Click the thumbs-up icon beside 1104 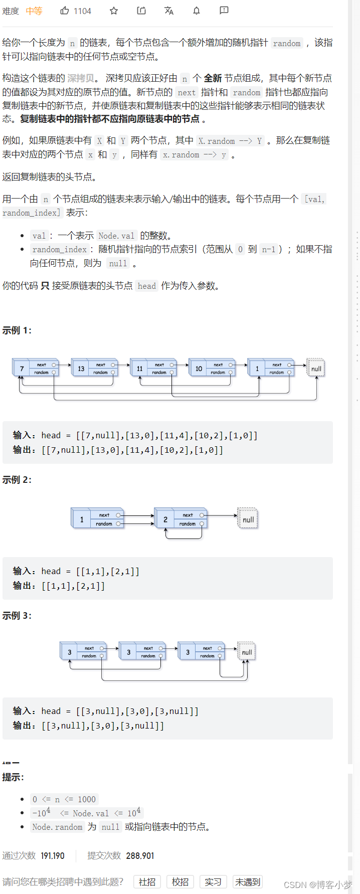pos(65,11)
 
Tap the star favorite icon pos(114,11)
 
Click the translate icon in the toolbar pos(169,11)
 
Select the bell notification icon pos(197,11)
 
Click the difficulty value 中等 pos(34,11)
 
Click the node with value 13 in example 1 pos(81,369)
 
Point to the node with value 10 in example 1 pos(199,369)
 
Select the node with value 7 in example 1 pos(22,369)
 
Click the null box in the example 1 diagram pos(316,369)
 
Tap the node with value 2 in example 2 pos(165,519)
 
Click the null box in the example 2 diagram pos(248,519)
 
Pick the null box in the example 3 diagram pos(247,652)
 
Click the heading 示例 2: pos(17,480)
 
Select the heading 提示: pos(13,777)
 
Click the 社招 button pos(147,881)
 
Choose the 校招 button pos(180,881)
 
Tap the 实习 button pos(213,881)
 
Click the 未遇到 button pos(248,881)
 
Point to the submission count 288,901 pos(140,855)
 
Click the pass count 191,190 pos(53,855)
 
